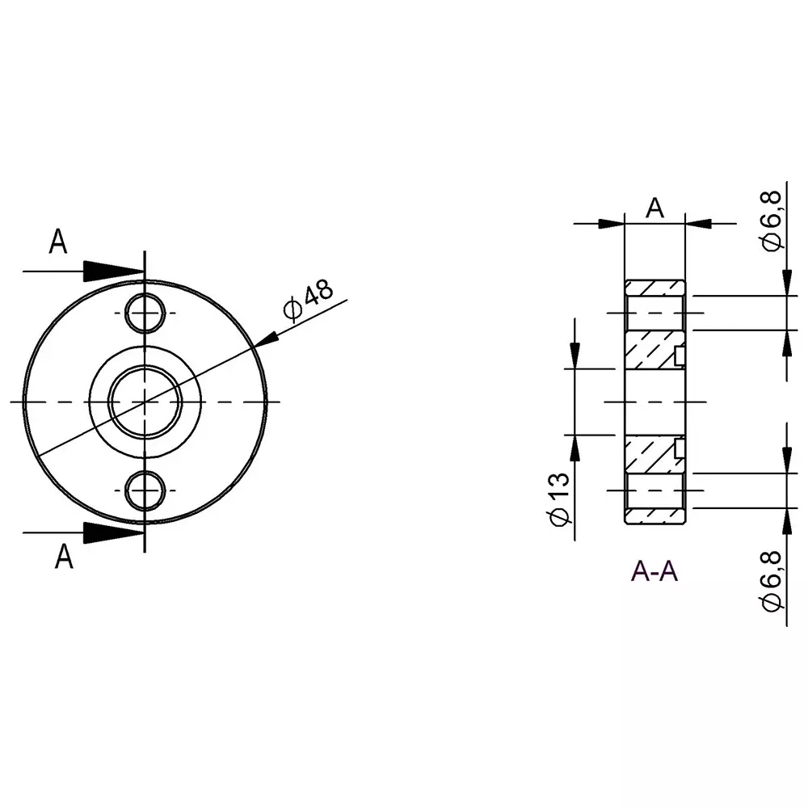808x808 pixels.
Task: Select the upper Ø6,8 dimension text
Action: tap(772, 220)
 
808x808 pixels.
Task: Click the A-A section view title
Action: tap(654, 571)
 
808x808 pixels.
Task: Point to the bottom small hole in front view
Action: tap(145, 490)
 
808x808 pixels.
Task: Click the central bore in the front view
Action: tap(145, 402)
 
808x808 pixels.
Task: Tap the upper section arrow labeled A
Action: tap(112, 271)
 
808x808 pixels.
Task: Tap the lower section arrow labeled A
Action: tap(112, 532)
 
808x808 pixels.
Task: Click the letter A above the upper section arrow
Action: tap(58, 242)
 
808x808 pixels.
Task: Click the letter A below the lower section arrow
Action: tap(63, 558)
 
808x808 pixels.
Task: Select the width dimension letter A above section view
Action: tap(654, 208)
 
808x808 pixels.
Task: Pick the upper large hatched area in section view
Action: tap(650, 350)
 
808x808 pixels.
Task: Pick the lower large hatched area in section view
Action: tap(650, 454)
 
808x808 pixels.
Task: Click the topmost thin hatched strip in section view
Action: tap(654, 288)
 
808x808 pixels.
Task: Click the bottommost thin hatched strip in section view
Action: tap(654, 516)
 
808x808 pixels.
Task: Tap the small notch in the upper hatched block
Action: tap(680, 355)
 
